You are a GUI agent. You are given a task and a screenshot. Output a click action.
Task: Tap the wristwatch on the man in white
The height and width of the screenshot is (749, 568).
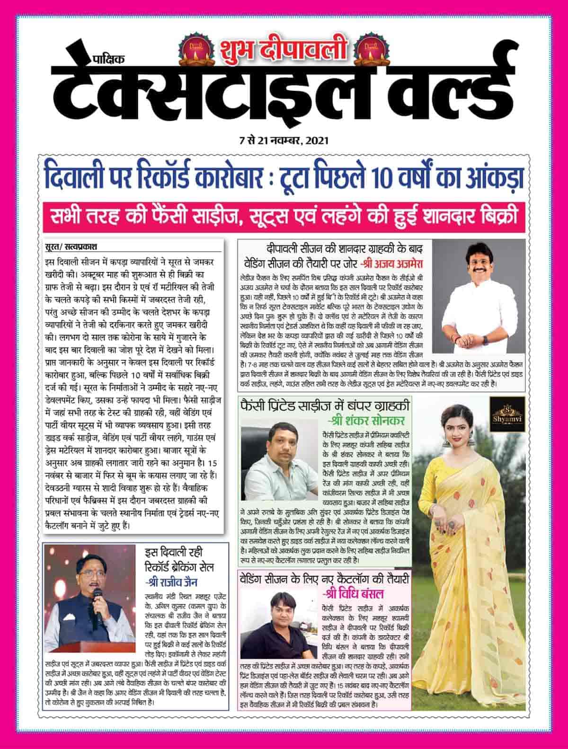coord(486,340)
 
